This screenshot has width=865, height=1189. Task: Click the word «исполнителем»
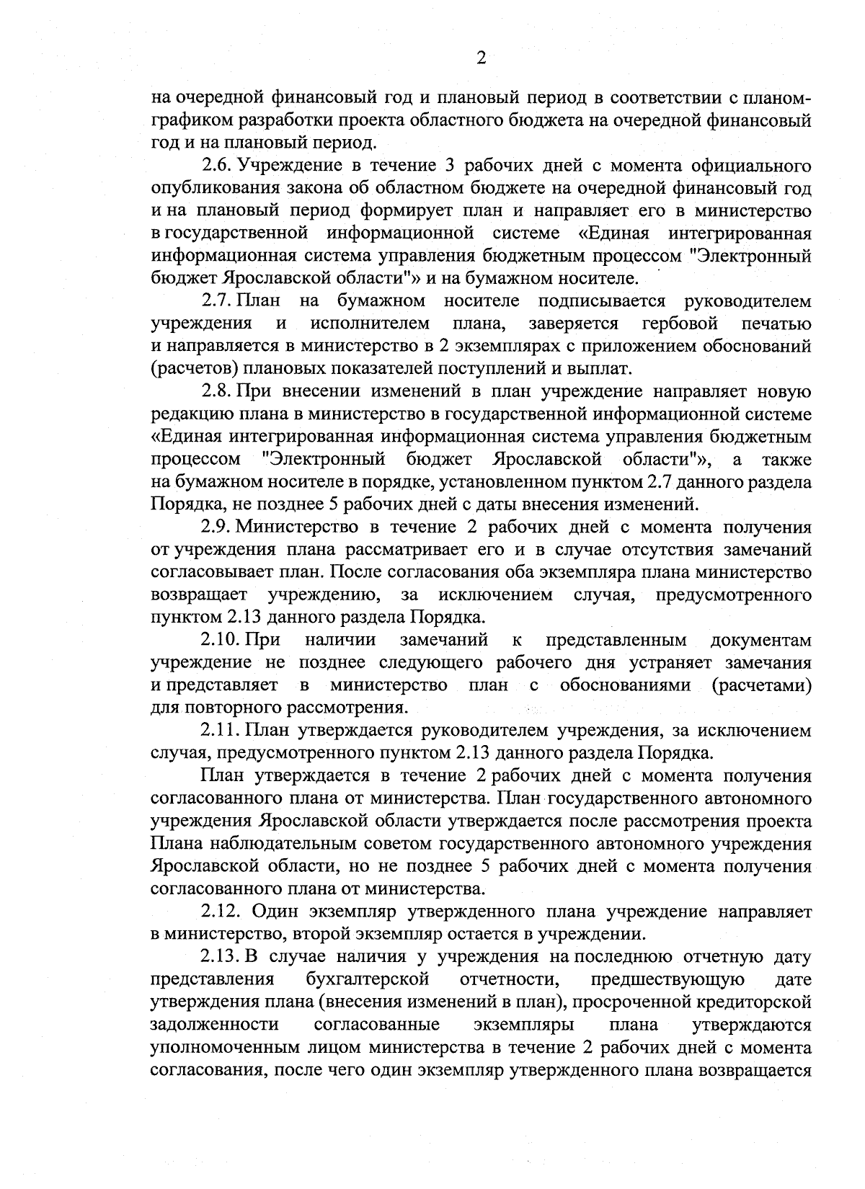tap(371, 323)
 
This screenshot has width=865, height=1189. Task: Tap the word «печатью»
tap(776, 323)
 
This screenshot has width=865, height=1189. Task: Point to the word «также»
tap(785, 459)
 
